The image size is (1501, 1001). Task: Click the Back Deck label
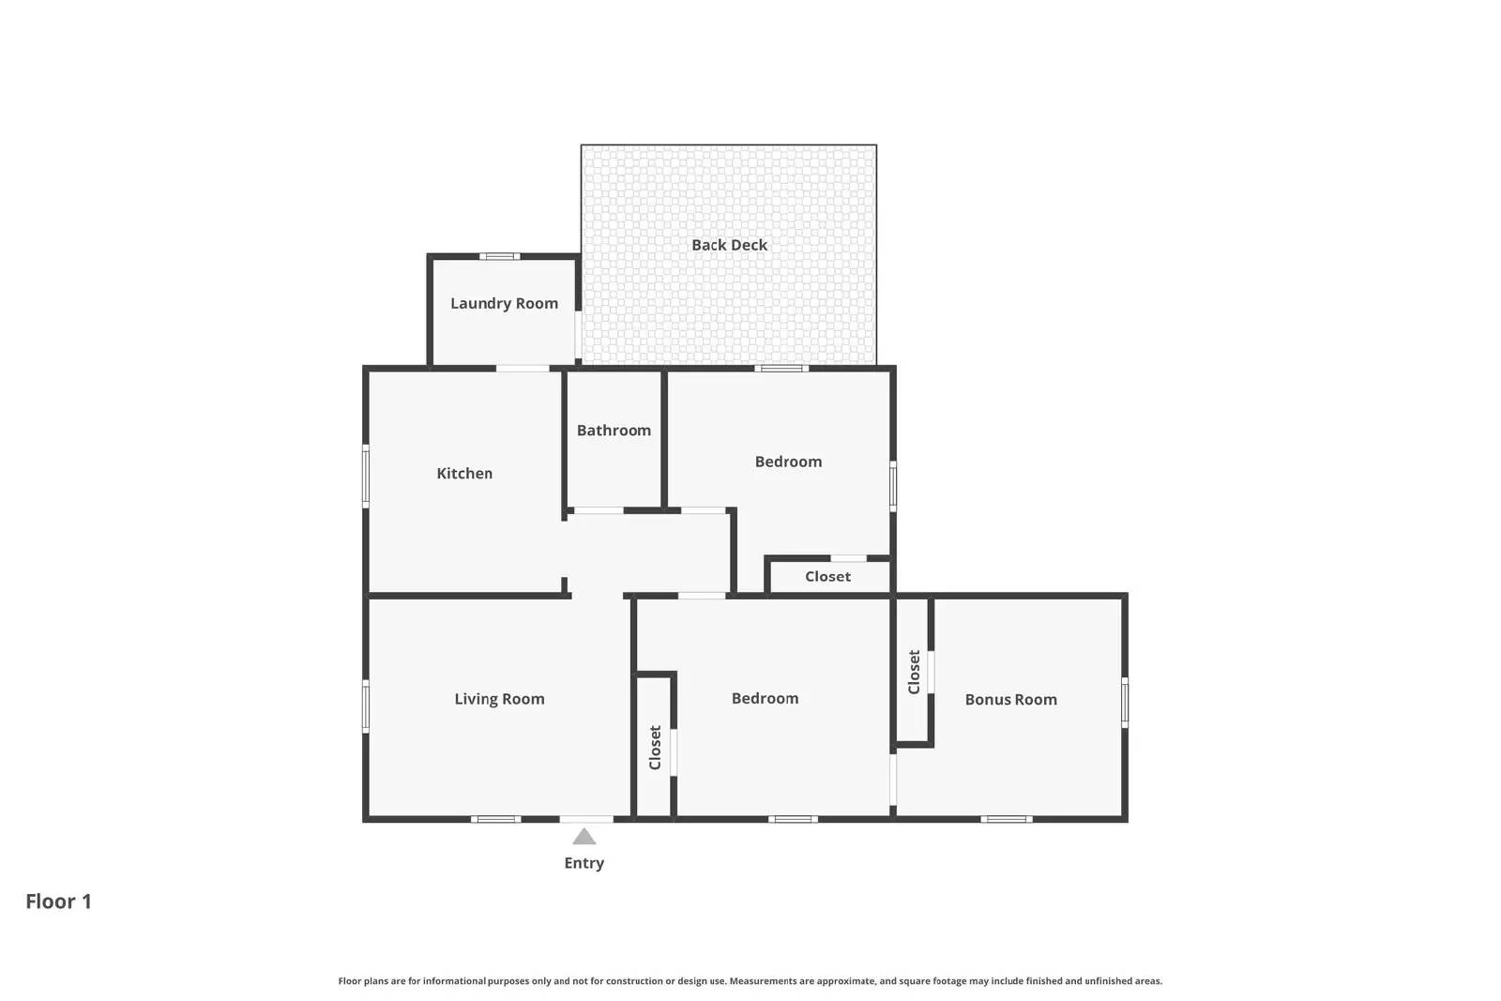(x=729, y=245)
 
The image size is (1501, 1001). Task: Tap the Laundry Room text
(x=504, y=303)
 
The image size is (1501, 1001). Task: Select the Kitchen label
(x=464, y=474)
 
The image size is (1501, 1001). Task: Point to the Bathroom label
(x=614, y=431)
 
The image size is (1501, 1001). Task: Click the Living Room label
(x=499, y=699)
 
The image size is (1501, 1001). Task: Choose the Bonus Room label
(x=1010, y=700)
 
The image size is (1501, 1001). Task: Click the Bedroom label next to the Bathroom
(x=788, y=462)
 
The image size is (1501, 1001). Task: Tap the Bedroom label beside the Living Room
(x=765, y=698)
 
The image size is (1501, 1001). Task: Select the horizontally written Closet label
(x=827, y=577)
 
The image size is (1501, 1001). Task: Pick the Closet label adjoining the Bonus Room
(x=914, y=672)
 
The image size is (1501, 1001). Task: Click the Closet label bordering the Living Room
(x=655, y=748)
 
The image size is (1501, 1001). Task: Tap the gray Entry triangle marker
(x=584, y=837)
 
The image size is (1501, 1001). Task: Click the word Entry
(x=584, y=863)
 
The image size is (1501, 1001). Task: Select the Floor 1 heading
(x=58, y=902)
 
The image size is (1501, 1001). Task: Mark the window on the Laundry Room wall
(x=500, y=256)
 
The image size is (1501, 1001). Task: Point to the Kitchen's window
(x=366, y=476)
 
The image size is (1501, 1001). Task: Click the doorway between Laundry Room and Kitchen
(x=523, y=368)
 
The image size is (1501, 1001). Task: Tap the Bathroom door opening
(x=599, y=510)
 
